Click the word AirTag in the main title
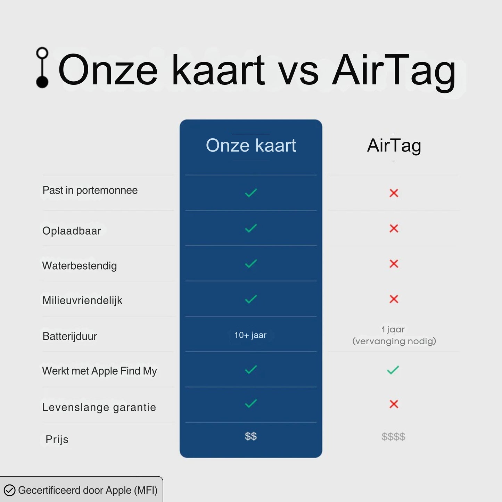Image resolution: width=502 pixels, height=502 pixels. point(394,71)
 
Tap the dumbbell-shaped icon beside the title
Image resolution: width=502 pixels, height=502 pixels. point(42,67)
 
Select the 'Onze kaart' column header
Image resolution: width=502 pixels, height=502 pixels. point(251,145)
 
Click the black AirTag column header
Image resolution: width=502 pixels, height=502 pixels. point(394,146)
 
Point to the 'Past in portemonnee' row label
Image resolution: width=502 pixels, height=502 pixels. point(90,190)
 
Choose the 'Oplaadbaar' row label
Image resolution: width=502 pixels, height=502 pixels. point(72,231)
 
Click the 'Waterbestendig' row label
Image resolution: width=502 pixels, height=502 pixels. point(79,266)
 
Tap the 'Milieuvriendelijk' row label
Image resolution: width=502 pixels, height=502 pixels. point(82,301)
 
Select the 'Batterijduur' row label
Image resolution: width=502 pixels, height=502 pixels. point(69,336)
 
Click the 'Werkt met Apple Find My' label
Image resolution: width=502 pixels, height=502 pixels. point(99,371)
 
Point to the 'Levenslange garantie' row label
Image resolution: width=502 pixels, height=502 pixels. point(99,407)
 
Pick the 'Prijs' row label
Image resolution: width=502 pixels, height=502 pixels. point(57,439)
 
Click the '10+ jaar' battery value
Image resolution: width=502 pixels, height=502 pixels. point(250,335)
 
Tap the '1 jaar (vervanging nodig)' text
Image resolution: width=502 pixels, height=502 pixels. point(394,335)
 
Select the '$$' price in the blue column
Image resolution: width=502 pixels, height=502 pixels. point(251,436)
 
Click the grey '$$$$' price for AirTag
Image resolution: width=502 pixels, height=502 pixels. point(393,437)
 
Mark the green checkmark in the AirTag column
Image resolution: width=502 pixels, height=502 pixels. point(393,370)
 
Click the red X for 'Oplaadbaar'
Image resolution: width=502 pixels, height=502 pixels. point(394,229)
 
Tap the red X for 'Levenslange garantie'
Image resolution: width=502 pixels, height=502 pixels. point(394,404)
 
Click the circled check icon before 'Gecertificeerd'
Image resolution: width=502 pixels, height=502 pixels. point(9,490)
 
